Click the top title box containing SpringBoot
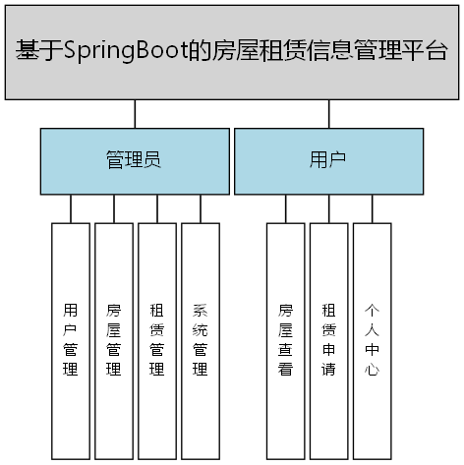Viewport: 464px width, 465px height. click(x=231, y=51)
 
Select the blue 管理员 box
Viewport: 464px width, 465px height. click(x=134, y=160)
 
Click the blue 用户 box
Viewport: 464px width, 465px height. click(x=328, y=160)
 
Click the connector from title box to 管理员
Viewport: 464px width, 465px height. click(x=134, y=113)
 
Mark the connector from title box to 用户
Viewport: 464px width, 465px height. click(x=328, y=113)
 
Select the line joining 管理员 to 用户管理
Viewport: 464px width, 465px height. click(x=70, y=208)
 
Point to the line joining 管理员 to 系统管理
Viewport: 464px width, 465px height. click(x=200, y=208)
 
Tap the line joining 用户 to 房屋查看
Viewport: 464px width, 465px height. click(x=285, y=208)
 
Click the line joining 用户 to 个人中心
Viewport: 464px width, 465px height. click(x=372, y=208)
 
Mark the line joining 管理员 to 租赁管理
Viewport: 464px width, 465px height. click(x=156, y=208)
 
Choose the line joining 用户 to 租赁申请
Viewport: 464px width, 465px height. click(x=328, y=208)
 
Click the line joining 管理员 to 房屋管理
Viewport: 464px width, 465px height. click(x=113, y=208)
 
